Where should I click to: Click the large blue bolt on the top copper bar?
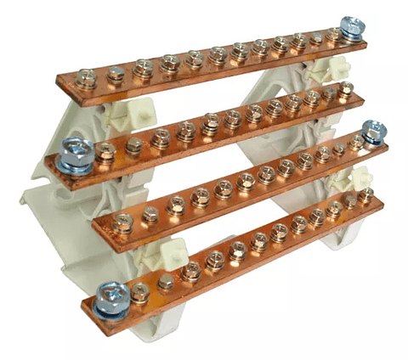pyautogui.click(x=350, y=26)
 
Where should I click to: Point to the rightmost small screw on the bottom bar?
pyautogui.click(x=366, y=196)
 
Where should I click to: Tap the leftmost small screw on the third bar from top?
pyautogui.click(x=124, y=222)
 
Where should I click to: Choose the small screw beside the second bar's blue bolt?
pyautogui.click(x=105, y=152)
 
